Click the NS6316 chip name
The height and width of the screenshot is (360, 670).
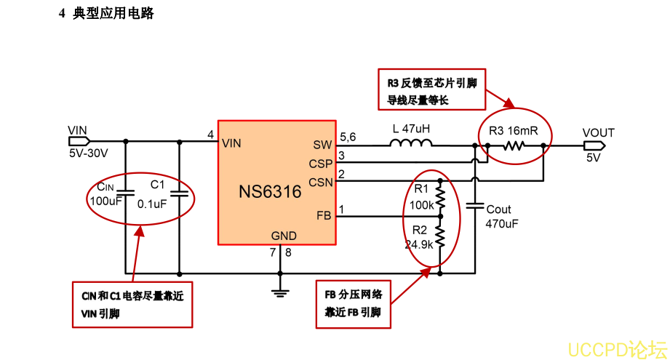(270, 192)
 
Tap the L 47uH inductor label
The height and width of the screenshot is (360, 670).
(411, 129)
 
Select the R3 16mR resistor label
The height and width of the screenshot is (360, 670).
(514, 132)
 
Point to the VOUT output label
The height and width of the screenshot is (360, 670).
(598, 132)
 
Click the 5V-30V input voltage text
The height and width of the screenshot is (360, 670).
(88, 153)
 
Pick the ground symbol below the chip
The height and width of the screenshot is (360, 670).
(279, 292)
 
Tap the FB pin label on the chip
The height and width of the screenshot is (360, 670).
(324, 215)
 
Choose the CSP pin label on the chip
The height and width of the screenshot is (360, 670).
(320, 163)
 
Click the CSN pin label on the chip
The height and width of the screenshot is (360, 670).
(320, 181)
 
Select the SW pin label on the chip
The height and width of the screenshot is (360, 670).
(322, 144)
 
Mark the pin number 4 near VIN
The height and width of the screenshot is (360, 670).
(210, 135)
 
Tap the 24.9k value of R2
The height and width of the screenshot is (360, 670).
(419, 244)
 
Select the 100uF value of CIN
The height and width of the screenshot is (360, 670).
(105, 201)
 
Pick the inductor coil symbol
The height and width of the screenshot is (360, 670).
(410, 144)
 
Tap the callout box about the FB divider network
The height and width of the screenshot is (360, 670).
(354, 304)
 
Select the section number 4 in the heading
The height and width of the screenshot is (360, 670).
(63, 13)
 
